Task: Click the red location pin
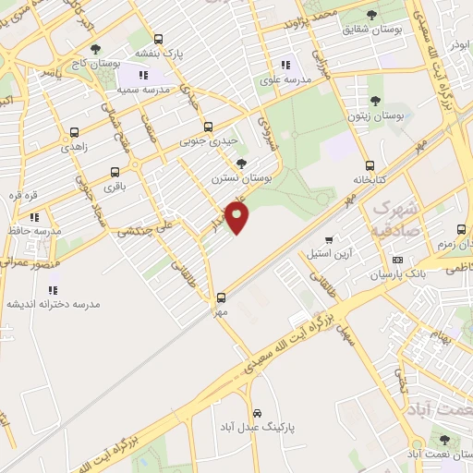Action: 238,219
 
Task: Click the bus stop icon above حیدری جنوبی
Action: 208,127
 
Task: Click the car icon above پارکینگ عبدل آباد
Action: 257,413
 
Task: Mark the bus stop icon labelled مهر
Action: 221,297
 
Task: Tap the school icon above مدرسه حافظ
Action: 35,217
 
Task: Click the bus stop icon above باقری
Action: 115,172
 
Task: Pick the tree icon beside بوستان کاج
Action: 95,50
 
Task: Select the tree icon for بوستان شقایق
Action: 371,15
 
